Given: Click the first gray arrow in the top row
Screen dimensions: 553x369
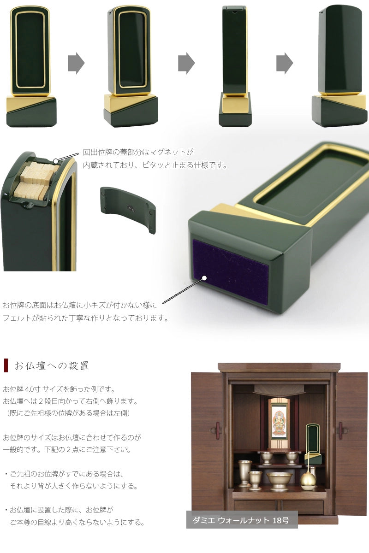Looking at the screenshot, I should pyautogui.click(x=76, y=63).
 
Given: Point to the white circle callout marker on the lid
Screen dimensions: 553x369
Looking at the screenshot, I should pyautogui.click(x=55, y=161).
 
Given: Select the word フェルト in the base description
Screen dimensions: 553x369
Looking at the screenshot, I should pyautogui.click(x=18, y=318).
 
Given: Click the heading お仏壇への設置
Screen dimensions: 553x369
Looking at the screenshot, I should pyautogui.click(x=52, y=366).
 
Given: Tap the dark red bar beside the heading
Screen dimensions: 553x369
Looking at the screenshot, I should pyautogui.click(x=6, y=365).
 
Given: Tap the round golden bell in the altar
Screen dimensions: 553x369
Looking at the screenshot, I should pyautogui.click(x=308, y=481).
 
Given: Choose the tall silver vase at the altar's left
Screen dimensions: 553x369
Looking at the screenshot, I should pyautogui.click(x=244, y=472).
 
